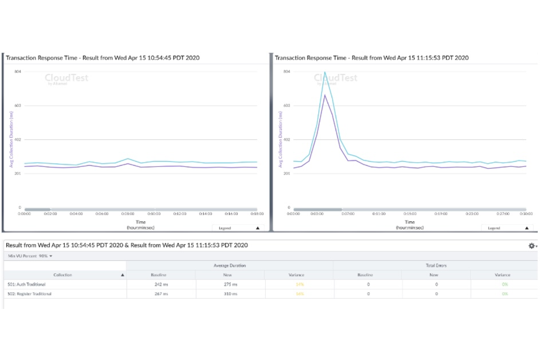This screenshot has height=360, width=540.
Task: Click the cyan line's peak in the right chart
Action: point(325,72)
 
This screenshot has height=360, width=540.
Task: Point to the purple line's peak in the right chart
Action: point(325,96)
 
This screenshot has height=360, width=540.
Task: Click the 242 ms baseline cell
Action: point(161,284)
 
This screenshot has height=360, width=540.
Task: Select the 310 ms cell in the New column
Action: point(230,294)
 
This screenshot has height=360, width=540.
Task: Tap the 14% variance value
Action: point(300,284)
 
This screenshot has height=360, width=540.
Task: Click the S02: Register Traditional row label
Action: point(30,294)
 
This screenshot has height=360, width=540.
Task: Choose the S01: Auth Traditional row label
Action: point(27,284)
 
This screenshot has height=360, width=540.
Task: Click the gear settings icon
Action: point(532,246)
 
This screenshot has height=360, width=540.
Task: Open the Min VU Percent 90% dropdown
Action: point(30,256)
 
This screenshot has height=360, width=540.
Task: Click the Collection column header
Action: point(63,275)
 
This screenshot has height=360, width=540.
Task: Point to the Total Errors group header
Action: point(436,266)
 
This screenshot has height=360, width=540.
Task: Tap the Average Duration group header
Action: point(229,266)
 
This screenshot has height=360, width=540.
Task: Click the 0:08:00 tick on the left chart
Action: point(128,214)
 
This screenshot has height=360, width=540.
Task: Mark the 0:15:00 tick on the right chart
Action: point(410,214)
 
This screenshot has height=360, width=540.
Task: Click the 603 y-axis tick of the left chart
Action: point(18,105)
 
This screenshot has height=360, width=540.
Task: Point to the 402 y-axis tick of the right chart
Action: point(287,140)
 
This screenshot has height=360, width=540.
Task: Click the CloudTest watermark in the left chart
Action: point(66,78)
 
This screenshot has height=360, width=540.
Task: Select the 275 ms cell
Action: point(230,284)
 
